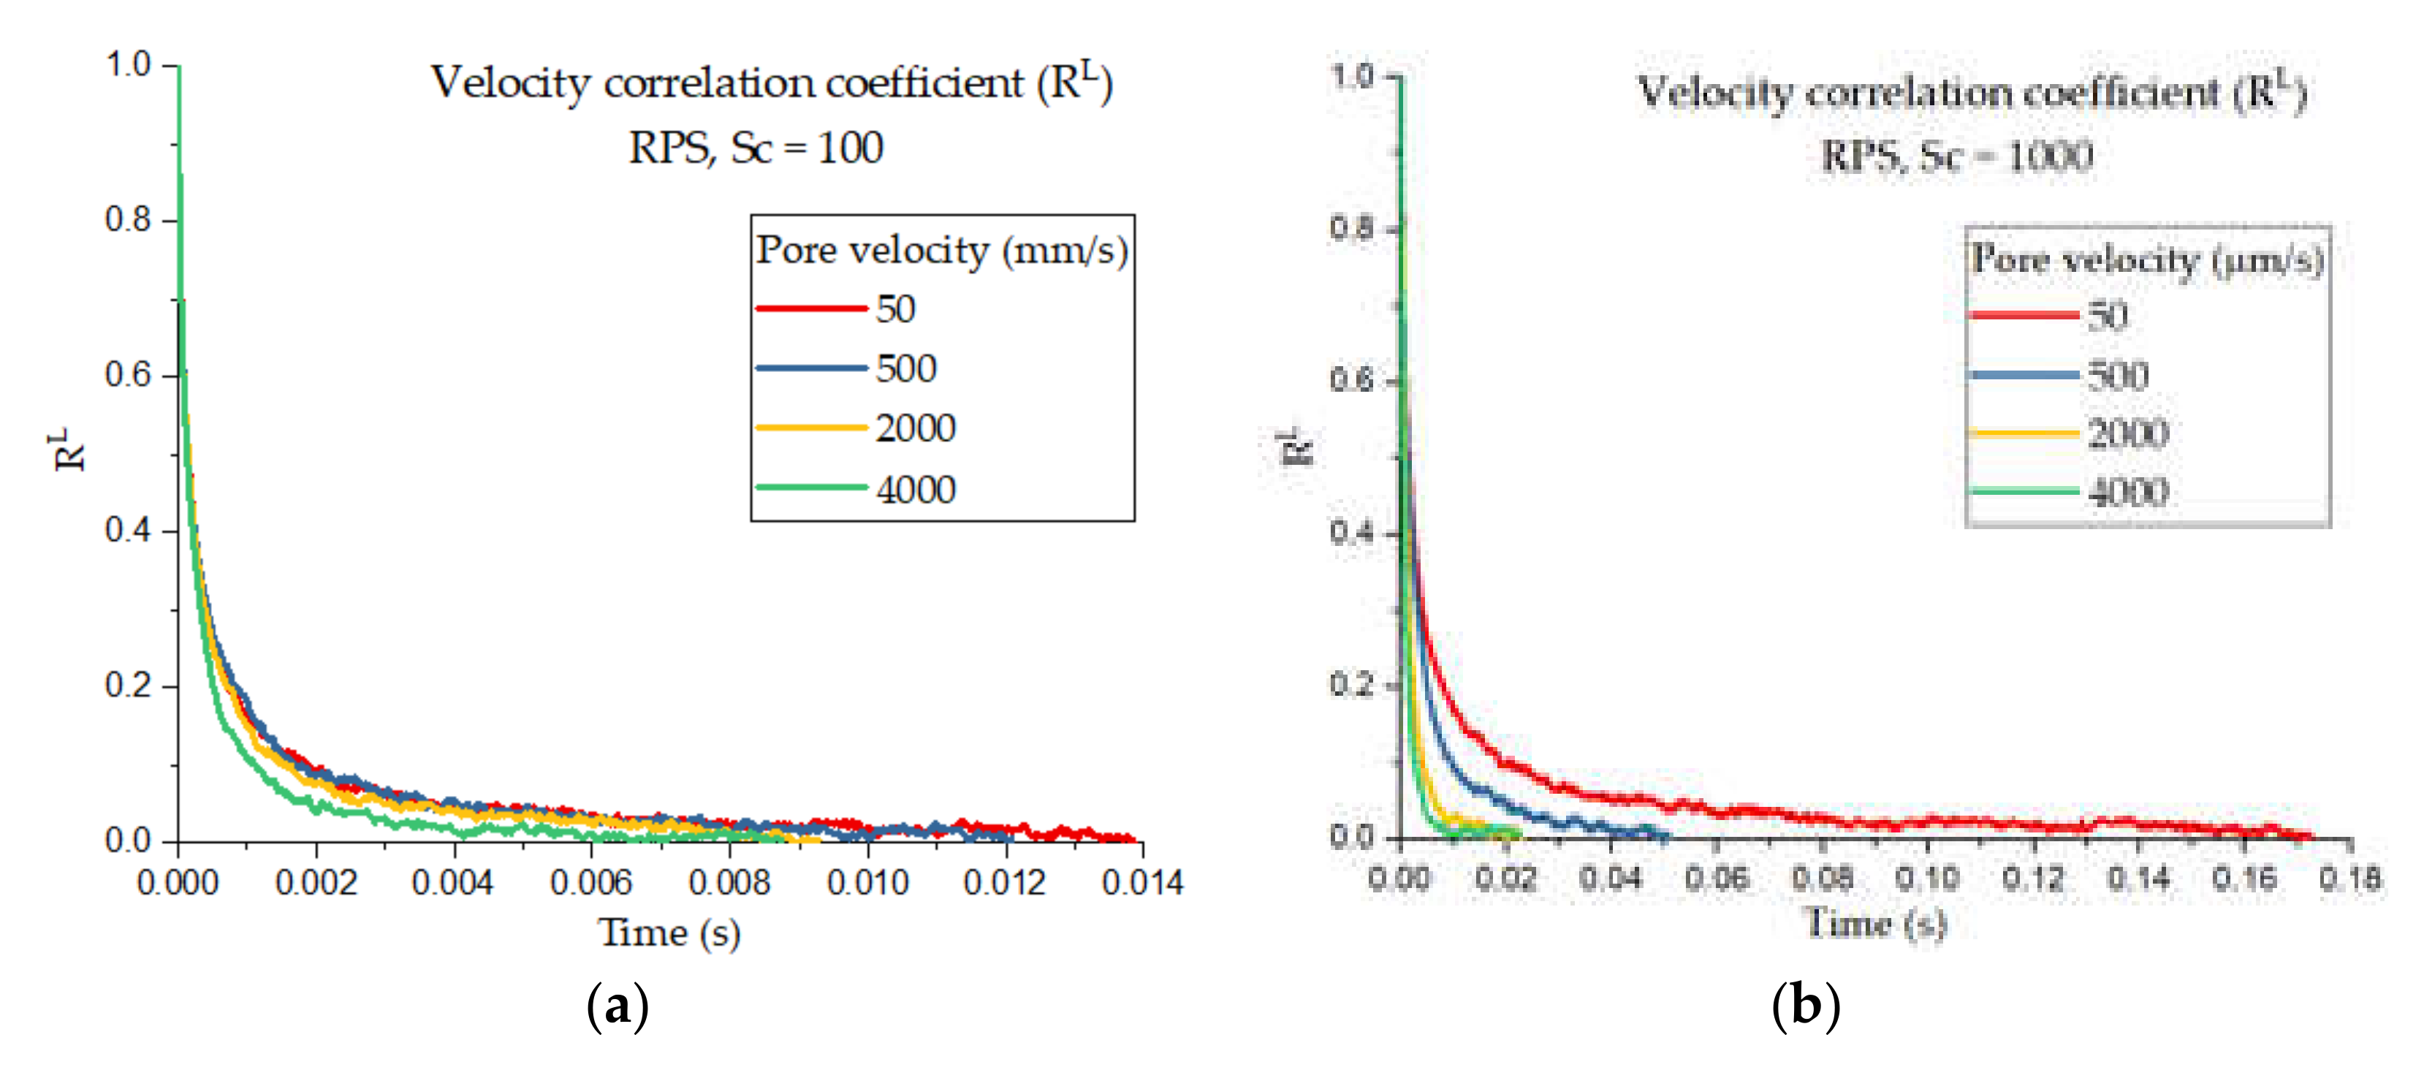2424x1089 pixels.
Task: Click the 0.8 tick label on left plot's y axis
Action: (x=127, y=219)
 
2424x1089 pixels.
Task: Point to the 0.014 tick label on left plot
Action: (x=1141, y=883)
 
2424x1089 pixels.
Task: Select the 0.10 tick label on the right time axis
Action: (x=1926, y=879)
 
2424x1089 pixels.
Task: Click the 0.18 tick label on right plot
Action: (x=2349, y=879)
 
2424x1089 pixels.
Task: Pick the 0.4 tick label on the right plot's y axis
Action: (x=1352, y=532)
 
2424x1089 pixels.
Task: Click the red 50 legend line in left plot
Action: (x=810, y=308)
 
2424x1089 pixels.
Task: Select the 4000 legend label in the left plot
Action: (x=915, y=490)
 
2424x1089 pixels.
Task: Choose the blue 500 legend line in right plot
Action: (x=2023, y=376)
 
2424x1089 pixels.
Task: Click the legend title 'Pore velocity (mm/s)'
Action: (x=942, y=251)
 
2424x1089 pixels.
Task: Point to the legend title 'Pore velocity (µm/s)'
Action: (x=2147, y=259)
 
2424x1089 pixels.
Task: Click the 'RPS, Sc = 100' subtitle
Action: (x=756, y=148)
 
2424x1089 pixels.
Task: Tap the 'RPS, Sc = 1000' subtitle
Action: (x=1956, y=156)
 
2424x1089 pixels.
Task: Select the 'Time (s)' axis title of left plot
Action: (x=669, y=933)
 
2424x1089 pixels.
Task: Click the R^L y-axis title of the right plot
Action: (x=1296, y=447)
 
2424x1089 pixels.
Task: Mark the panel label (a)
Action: (x=618, y=1006)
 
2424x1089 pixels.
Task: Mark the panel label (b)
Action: (x=1805, y=1006)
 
